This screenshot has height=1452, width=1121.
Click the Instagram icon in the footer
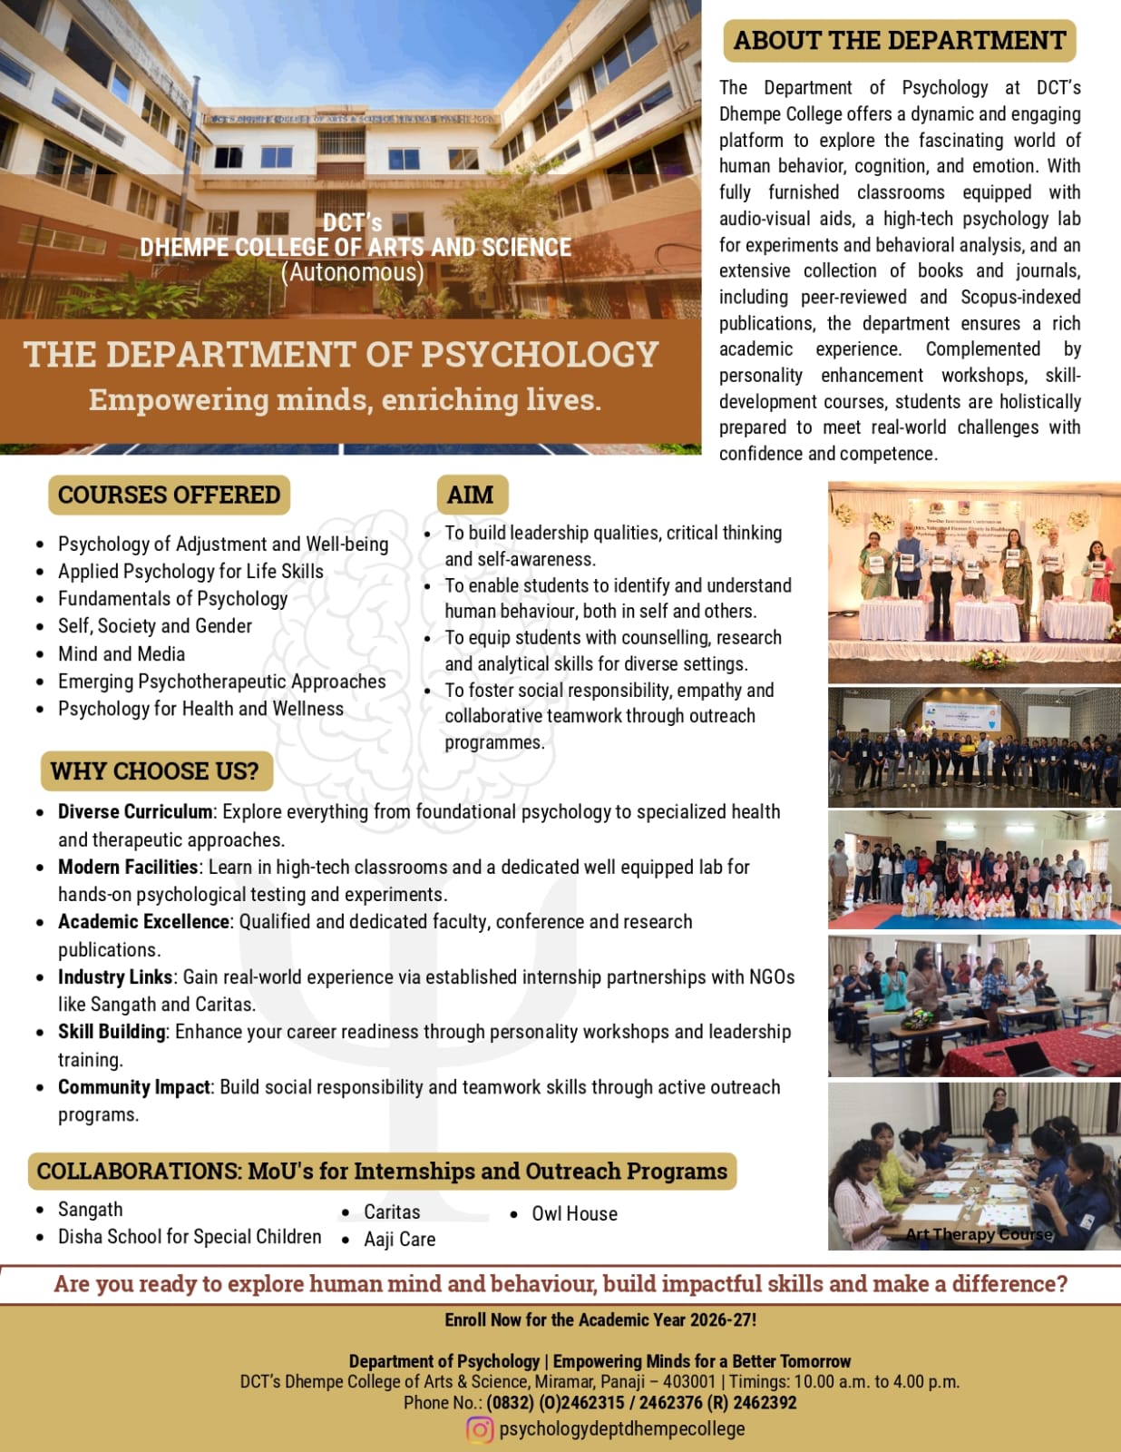480,1429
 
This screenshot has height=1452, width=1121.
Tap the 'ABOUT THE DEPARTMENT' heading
900,41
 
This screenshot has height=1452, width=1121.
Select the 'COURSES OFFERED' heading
170,495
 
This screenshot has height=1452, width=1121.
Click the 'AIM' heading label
471,495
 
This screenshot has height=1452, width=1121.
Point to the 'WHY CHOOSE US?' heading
155,771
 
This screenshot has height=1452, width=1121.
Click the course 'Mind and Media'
122,654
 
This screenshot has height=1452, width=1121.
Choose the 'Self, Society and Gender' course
155,626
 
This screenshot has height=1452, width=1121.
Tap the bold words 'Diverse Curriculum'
135,811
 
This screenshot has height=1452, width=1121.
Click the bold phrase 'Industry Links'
115,977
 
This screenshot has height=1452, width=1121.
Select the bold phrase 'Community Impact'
134,1087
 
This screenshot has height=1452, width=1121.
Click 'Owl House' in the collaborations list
574,1214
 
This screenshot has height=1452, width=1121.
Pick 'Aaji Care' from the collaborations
399,1240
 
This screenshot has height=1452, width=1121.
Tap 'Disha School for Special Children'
190,1237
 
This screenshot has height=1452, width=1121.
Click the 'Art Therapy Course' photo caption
979,1234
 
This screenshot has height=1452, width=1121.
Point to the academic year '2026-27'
723,1320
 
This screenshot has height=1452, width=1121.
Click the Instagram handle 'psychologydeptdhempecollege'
622,1429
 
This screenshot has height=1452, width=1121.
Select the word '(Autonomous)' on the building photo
352,272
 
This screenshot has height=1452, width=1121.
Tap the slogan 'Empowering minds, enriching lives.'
345,399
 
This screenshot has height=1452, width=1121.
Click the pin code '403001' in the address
688,1382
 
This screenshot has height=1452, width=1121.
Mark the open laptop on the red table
1035,1056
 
